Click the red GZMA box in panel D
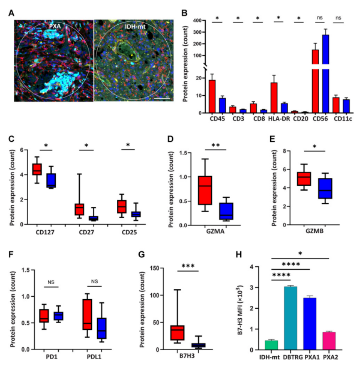click(204, 190)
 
